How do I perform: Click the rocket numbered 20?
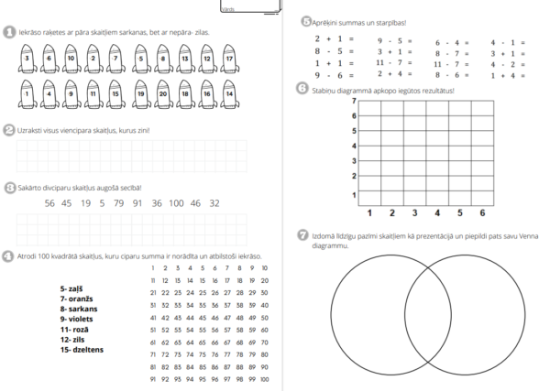161,94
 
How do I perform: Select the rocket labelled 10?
71,60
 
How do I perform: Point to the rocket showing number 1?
27,94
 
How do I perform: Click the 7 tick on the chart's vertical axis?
353,101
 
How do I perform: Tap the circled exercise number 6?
303,88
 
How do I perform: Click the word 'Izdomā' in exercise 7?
324,235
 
